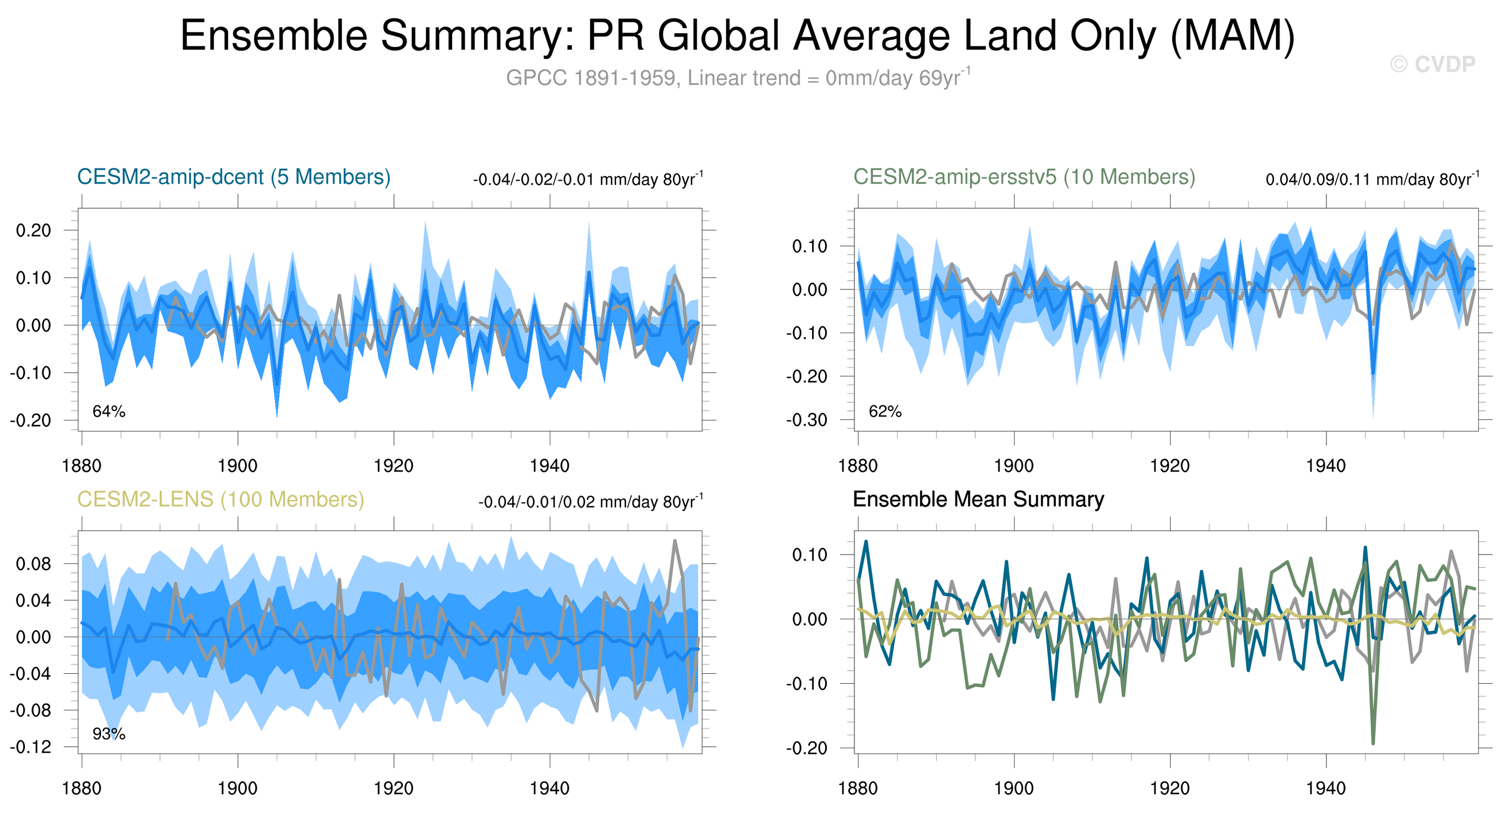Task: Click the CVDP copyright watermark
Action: click(x=1432, y=64)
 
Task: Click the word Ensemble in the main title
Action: click(x=274, y=36)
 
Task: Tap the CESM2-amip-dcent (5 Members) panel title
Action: click(x=233, y=177)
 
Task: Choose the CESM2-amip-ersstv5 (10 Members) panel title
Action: click(x=1024, y=177)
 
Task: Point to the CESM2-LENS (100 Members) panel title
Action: click(x=221, y=500)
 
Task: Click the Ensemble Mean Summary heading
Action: click(x=978, y=500)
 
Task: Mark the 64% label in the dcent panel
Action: click(x=109, y=411)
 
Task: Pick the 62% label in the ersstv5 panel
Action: click(x=885, y=411)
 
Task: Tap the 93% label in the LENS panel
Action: click(x=109, y=733)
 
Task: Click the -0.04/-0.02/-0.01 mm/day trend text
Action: click(x=587, y=179)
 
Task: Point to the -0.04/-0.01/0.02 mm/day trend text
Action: click(x=591, y=502)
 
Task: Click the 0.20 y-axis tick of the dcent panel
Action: click(x=33, y=230)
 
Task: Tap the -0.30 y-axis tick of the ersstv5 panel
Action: click(x=806, y=420)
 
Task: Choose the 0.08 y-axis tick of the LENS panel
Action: click(x=33, y=564)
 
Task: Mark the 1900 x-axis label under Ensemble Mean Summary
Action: click(x=1013, y=789)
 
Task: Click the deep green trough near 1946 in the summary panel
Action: click(x=1373, y=742)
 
